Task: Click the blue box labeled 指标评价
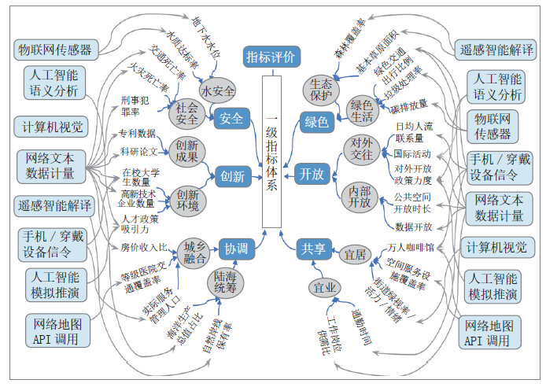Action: pos(271,57)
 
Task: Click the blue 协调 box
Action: pos(236,249)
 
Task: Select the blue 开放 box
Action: pos(312,175)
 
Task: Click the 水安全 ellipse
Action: pos(218,90)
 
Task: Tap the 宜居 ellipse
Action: pos(353,254)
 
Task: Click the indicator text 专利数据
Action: pos(137,133)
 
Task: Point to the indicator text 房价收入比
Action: pos(145,248)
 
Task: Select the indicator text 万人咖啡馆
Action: pos(406,248)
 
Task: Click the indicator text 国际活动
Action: pos(411,153)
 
